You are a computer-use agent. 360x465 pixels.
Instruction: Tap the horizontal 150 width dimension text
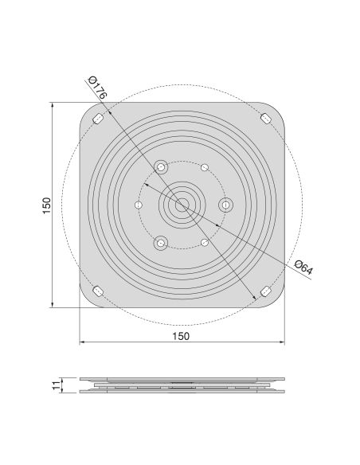(181, 336)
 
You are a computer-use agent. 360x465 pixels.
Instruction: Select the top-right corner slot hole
(265, 119)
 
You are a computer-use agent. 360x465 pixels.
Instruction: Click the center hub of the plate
(182, 205)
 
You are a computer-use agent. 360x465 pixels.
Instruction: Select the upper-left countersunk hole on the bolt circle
(162, 168)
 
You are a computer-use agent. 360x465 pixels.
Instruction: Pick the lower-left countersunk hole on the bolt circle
(161, 241)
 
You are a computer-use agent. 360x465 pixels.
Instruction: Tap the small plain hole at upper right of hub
(205, 168)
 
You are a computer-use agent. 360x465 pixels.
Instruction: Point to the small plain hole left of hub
(139, 205)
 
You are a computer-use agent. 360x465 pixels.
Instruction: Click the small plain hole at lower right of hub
(205, 241)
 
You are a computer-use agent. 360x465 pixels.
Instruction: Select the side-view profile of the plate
(182, 385)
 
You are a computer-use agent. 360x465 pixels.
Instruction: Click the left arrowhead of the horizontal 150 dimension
(83, 343)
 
